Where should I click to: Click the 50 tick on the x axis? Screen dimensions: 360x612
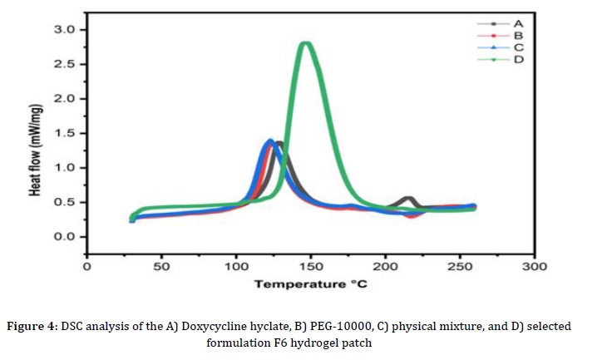click(x=161, y=266)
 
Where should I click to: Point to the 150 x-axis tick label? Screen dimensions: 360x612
click(x=311, y=266)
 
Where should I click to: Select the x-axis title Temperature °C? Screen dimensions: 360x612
click(x=310, y=284)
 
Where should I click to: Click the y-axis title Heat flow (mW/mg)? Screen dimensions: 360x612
click(x=36, y=143)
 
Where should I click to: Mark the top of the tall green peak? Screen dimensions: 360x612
click(x=306, y=44)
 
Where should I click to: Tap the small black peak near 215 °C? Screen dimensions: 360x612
click(x=408, y=199)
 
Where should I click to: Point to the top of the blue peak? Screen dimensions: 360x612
click(x=269, y=141)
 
